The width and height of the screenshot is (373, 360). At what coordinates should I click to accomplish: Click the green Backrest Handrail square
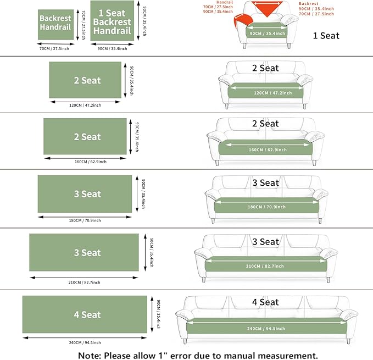click(55, 25)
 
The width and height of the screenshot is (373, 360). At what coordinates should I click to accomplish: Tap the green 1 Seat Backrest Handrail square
click(112, 21)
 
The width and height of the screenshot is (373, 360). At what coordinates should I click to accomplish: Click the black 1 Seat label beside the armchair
click(326, 36)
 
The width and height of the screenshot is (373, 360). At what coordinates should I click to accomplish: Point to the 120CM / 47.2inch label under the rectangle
click(85, 105)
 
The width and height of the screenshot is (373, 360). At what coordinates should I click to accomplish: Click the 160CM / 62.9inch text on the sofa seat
click(268, 150)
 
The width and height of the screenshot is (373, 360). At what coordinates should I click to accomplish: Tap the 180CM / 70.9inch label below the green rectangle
click(85, 220)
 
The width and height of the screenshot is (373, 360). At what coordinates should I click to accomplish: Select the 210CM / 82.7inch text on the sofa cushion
click(265, 266)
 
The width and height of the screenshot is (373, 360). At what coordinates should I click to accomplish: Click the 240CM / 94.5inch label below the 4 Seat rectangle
click(85, 342)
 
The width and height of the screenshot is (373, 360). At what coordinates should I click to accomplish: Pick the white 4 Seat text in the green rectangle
click(87, 315)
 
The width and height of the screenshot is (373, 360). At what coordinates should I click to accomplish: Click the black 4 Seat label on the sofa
click(265, 302)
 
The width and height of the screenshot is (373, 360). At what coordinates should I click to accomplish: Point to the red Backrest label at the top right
click(309, 3)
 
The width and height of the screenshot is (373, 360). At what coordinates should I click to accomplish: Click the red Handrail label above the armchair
click(225, 2)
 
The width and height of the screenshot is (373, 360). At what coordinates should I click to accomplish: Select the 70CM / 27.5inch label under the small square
click(54, 48)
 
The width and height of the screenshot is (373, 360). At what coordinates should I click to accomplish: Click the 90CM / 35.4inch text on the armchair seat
click(267, 34)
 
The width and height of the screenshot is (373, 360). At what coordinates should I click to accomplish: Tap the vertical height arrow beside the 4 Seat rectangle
click(152, 314)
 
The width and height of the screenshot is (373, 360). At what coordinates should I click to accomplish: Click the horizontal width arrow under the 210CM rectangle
click(84, 278)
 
